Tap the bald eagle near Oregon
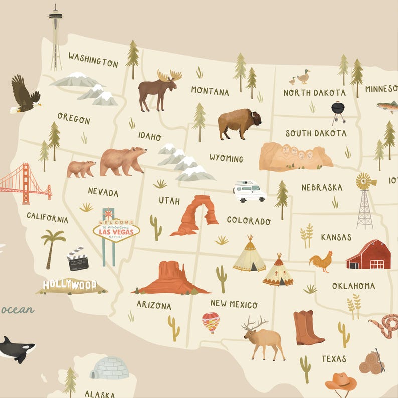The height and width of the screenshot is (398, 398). (x=24, y=95)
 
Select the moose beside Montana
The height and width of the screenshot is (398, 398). (x=158, y=88)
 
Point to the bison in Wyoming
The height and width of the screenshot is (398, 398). (x=239, y=123)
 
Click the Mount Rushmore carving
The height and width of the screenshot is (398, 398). (x=295, y=156)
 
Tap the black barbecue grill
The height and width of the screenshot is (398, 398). (x=338, y=111)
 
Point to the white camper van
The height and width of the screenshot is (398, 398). (x=249, y=191)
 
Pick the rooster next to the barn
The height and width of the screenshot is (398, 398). (x=321, y=261)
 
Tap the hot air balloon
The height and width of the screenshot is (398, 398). (x=211, y=322)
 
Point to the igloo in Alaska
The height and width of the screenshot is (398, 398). (x=109, y=368)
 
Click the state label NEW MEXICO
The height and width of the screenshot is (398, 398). (x=234, y=304)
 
